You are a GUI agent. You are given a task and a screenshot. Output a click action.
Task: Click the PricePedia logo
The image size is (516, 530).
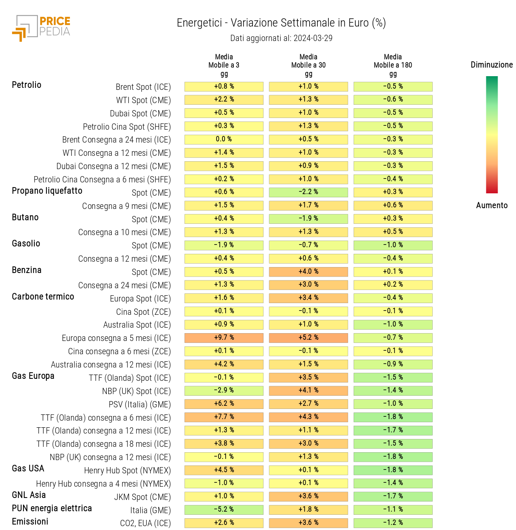click(x=41, y=28)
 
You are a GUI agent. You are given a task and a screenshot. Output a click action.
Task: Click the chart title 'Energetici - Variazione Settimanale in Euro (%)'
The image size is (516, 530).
click(x=281, y=23)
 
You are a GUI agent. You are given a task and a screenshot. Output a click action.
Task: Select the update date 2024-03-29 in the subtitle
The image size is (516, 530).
click(x=313, y=38)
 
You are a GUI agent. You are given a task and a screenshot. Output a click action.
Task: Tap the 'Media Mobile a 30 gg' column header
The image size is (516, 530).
click(x=308, y=65)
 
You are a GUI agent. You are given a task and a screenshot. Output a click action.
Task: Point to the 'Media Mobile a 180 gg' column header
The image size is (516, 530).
click(x=393, y=65)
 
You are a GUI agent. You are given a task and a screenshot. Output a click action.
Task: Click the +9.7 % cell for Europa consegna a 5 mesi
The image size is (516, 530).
click(x=224, y=338)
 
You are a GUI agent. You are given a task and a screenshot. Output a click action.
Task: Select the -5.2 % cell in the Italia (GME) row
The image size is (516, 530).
click(x=224, y=510)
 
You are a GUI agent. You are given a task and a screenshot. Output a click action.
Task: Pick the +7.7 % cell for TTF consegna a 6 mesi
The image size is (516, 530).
click(x=224, y=417)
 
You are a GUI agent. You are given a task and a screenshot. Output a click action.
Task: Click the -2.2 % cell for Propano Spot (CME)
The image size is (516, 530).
click(x=308, y=192)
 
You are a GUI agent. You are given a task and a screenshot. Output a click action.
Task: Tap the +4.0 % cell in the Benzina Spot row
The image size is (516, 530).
click(x=308, y=271)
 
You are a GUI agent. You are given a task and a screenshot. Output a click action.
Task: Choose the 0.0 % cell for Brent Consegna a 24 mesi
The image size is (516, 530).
click(x=224, y=139)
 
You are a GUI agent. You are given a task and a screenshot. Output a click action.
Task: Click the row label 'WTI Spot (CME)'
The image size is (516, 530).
click(x=143, y=100)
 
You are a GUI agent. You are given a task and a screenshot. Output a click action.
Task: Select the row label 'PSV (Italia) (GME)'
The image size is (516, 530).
click(x=140, y=405)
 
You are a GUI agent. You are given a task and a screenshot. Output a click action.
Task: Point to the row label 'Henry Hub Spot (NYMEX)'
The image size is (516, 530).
click(x=127, y=471)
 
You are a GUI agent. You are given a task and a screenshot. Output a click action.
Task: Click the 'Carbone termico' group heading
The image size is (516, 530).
click(x=43, y=297)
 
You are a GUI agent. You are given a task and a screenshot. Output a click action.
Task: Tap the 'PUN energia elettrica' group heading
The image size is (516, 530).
click(x=52, y=509)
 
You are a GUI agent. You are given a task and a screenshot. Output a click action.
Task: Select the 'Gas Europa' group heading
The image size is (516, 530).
click(x=33, y=376)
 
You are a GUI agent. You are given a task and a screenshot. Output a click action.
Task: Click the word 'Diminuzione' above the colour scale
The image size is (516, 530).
click(x=492, y=65)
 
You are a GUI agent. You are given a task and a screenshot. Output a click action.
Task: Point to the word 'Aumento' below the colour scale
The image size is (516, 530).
click(x=492, y=205)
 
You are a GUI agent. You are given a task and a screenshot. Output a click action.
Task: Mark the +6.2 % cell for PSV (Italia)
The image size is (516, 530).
click(x=224, y=404)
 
